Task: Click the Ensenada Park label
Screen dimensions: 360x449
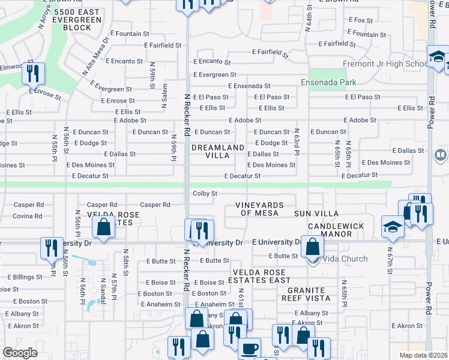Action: [329, 82]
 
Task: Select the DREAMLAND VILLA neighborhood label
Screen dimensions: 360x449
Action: [218, 151]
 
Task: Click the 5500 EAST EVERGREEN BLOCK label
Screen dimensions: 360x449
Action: [77, 20]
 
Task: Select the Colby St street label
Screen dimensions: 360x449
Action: [205, 193]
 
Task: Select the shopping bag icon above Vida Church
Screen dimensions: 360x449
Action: [312, 245]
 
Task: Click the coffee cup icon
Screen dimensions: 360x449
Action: [250, 349]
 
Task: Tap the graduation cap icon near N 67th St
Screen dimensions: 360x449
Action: [393, 227]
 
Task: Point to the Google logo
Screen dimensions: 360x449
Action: [20, 353]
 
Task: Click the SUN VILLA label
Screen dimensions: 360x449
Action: [316, 214]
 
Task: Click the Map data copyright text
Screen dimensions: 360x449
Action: [423, 355]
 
